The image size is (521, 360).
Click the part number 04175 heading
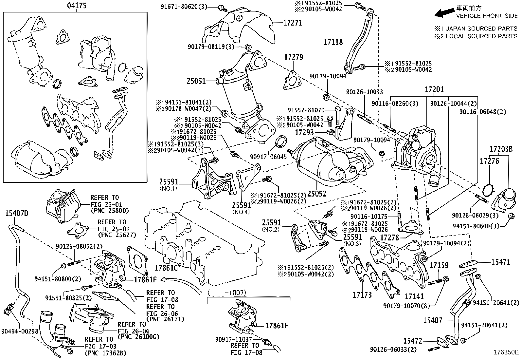[x=77, y=6]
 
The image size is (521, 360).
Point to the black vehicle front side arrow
[x=443, y=12]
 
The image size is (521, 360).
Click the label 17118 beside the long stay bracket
[x=333, y=42]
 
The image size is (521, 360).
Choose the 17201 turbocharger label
[x=434, y=89]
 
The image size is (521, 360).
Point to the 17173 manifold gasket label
[x=362, y=295]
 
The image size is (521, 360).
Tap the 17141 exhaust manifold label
[x=414, y=296]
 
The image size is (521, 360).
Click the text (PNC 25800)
[x=110, y=211]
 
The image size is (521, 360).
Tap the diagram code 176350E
[x=506, y=352]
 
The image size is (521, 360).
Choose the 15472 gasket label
[x=412, y=341]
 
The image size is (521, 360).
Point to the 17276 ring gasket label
[x=489, y=161]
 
